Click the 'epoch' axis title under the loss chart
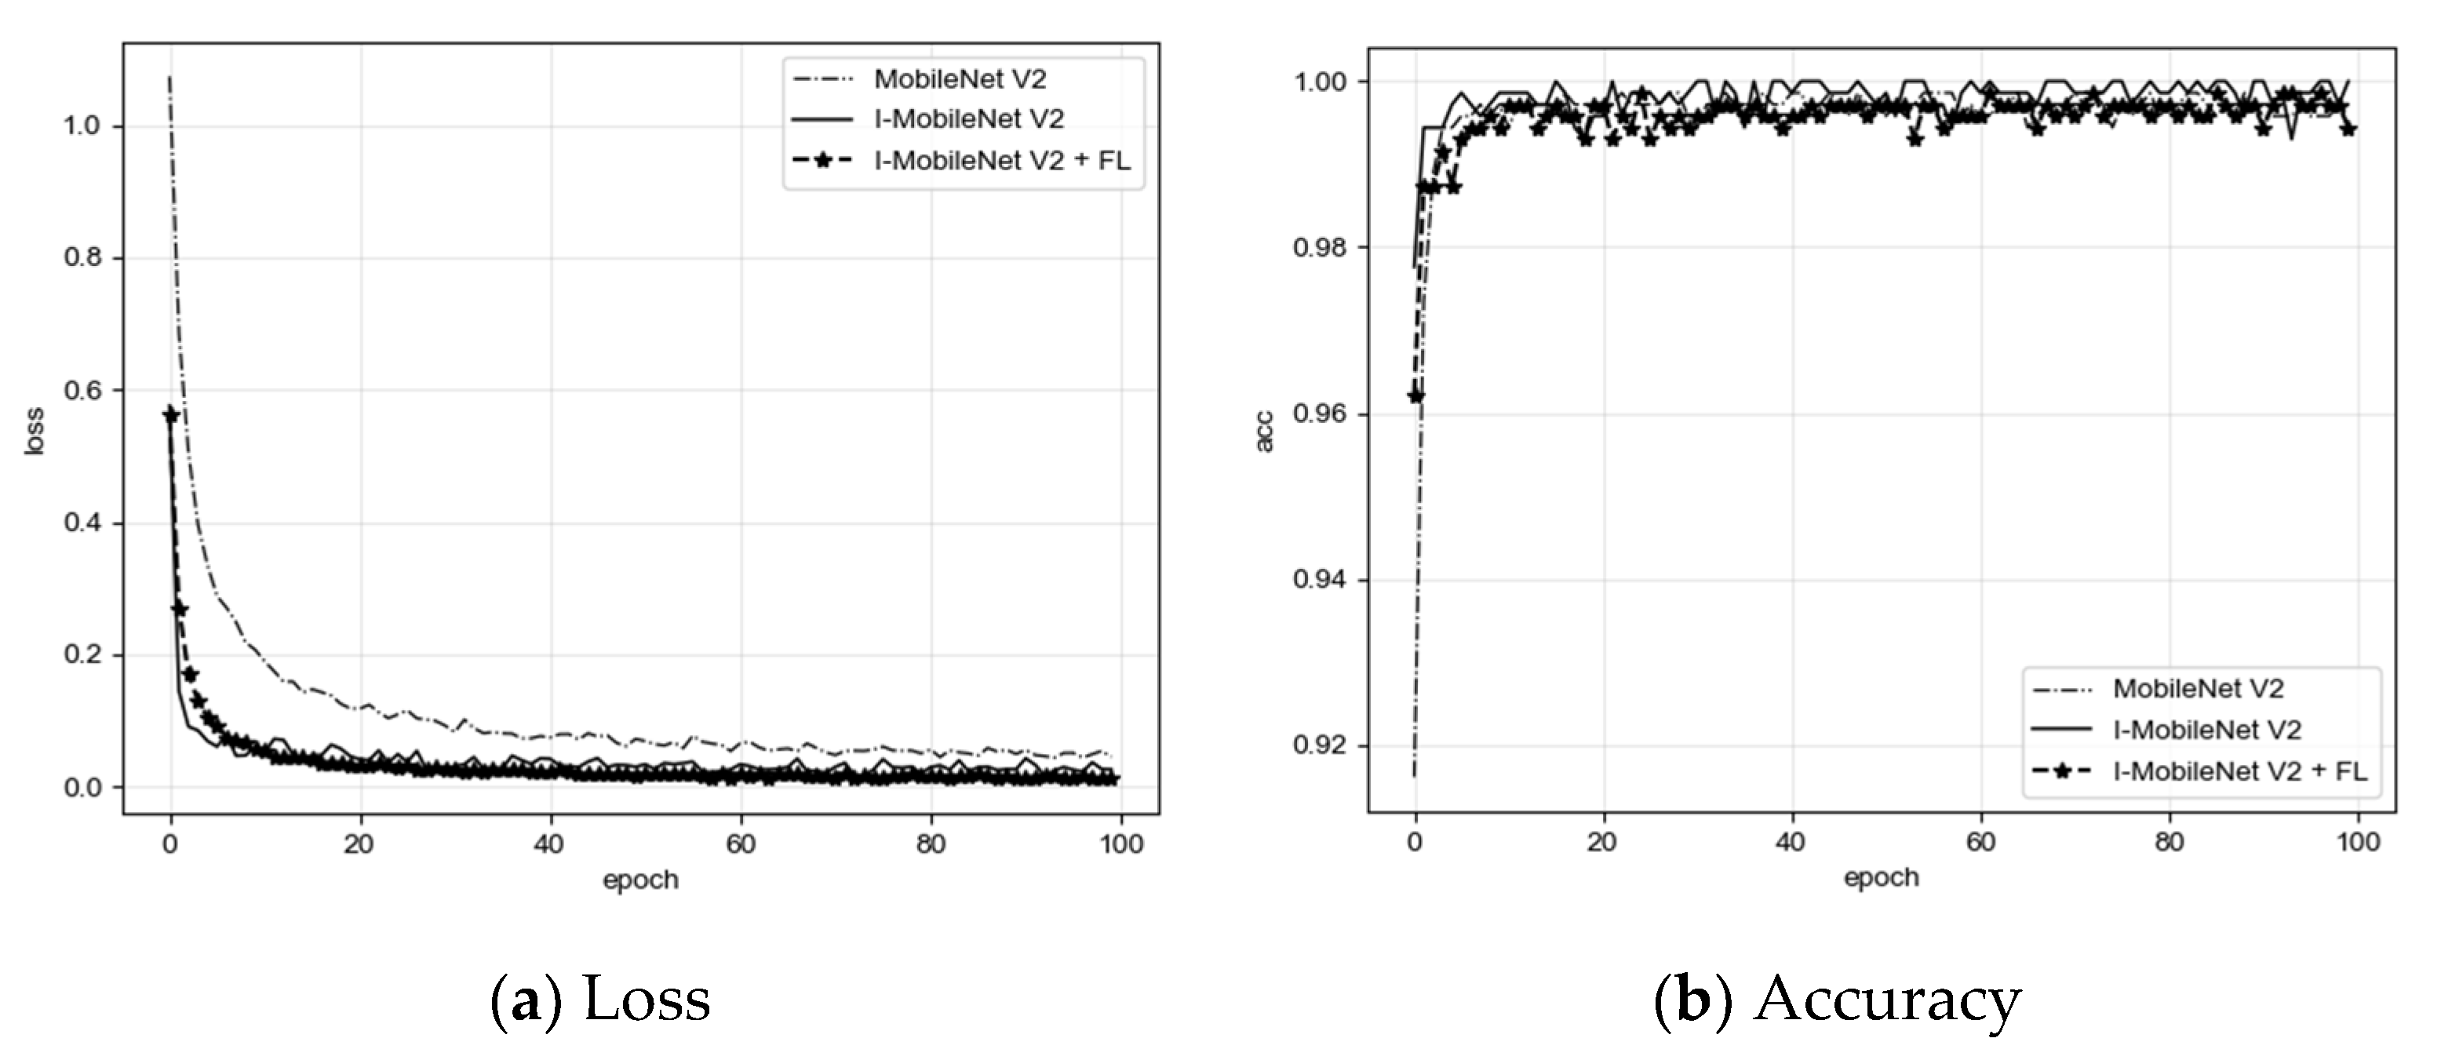coord(640,880)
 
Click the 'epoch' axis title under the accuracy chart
coord(1881,878)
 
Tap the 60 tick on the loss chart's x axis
coord(740,844)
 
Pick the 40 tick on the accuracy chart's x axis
coord(1789,842)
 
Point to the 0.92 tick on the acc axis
coord(1319,746)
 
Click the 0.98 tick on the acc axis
coord(1319,248)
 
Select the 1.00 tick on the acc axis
coord(1319,82)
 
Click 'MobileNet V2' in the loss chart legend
coord(960,79)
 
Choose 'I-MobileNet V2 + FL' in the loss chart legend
coord(1003,161)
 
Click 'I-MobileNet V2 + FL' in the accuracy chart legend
coord(2240,772)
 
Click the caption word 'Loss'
coord(647,1000)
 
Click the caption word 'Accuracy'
coord(1887,1000)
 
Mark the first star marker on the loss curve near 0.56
coord(170,415)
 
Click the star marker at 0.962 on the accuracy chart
coord(1415,396)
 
